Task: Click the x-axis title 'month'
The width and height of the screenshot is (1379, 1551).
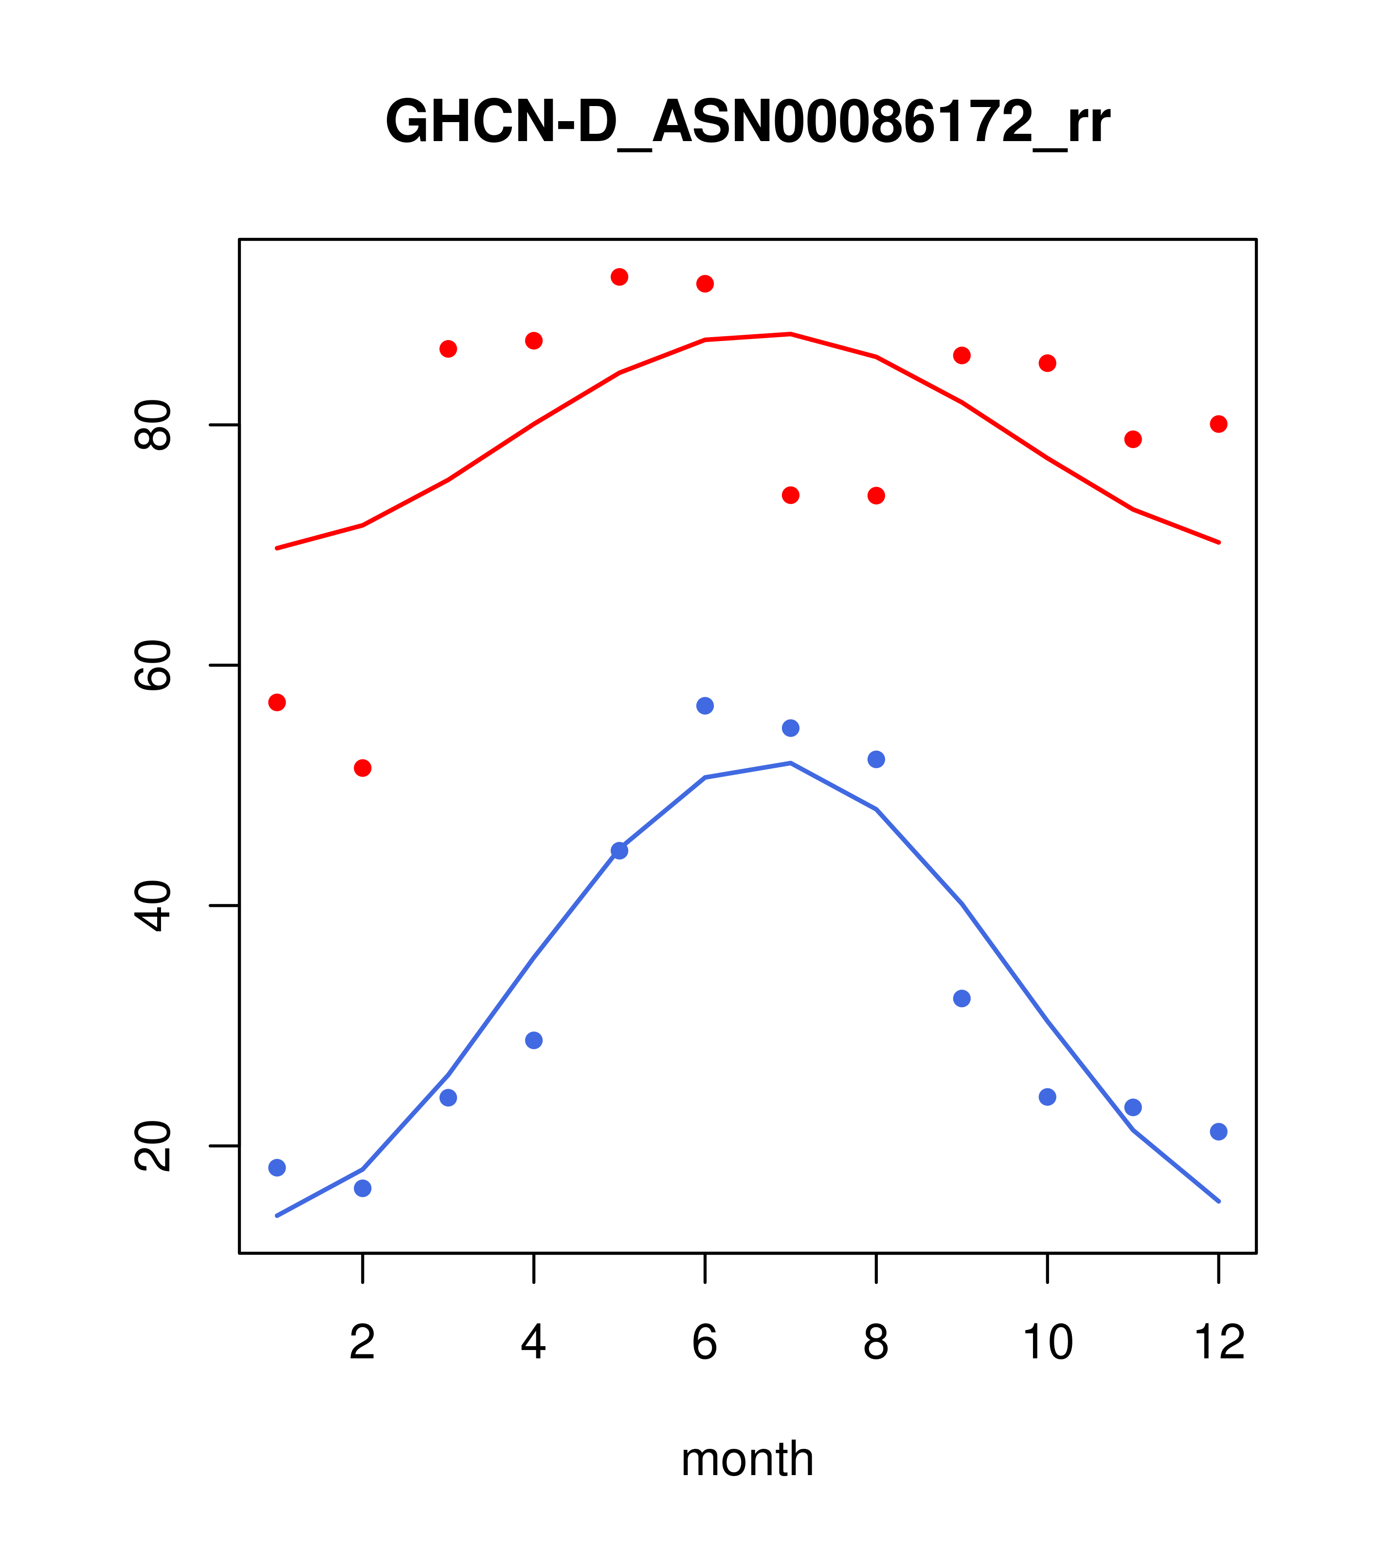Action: (x=747, y=1459)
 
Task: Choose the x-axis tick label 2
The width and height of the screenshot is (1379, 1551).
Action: (x=363, y=1342)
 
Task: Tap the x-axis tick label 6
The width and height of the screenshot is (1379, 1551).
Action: (x=705, y=1342)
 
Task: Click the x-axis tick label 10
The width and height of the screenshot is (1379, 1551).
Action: (x=1047, y=1342)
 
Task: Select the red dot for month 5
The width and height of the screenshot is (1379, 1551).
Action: (x=619, y=277)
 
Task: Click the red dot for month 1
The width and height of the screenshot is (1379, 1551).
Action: (x=277, y=703)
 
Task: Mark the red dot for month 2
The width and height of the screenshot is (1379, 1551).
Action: (x=363, y=768)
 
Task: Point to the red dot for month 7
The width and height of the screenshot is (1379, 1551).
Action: (x=791, y=495)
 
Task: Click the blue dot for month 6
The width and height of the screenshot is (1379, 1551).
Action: (x=705, y=706)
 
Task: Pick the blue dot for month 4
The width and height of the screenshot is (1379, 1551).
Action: (x=533, y=1040)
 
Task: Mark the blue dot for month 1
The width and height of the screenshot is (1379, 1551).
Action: (x=277, y=1168)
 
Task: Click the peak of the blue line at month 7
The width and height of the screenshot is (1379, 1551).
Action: (x=791, y=762)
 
